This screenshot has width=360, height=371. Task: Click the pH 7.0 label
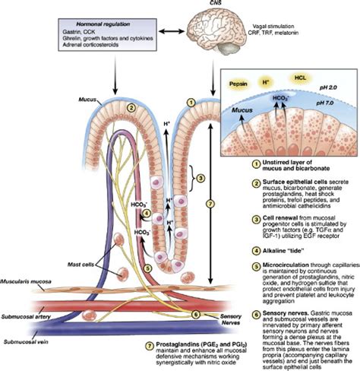pyautogui.click(x=326, y=111)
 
